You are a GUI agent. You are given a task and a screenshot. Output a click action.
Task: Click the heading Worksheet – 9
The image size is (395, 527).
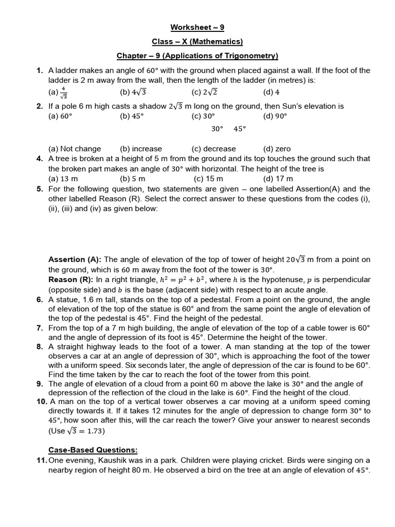(x=197, y=27)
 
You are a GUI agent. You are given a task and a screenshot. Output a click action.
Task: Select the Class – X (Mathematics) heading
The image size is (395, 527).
(x=197, y=41)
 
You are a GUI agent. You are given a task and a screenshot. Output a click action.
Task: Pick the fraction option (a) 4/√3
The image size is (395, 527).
(x=59, y=93)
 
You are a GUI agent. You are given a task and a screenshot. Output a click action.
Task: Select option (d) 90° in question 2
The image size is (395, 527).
(x=275, y=116)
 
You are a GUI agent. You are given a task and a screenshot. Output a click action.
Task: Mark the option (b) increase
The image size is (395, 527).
(x=141, y=149)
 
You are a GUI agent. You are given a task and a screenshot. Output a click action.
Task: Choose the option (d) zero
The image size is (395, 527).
(x=277, y=149)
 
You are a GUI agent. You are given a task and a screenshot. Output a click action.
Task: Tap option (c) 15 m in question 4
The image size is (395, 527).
(x=208, y=179)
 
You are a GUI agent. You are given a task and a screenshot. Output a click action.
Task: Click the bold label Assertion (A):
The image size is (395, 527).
(x=75, y=259)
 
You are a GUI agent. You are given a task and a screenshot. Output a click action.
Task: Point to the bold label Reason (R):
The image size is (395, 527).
(x=70, y=279)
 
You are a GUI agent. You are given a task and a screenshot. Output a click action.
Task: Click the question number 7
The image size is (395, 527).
(x=40, y=328)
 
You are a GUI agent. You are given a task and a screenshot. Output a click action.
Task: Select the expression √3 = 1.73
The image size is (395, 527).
(x=88, y=430)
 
